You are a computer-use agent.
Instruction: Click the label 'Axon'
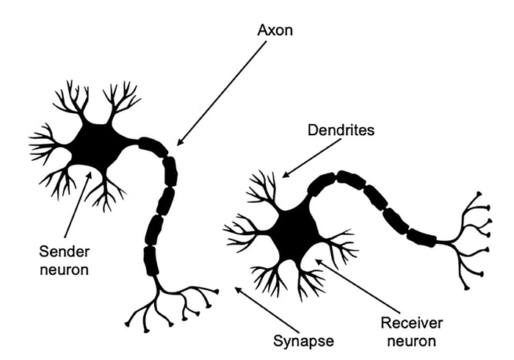click(275, 30)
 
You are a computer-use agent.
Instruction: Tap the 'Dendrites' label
click(341, 130)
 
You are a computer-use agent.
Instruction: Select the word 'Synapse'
click(303, 342)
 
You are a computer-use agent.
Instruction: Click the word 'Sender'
click(65, 252)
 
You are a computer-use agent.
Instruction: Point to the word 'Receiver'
click(411, 323)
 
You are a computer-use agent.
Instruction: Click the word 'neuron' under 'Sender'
click(65, 270)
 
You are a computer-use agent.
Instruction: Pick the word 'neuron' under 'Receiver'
click(411, 342)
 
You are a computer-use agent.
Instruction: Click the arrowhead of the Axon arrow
click(179, 143)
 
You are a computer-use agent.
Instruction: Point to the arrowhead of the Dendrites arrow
click(285, 176)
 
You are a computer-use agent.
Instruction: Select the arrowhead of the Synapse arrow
click(238, 289)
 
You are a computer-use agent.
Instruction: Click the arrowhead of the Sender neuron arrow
click(90, 175)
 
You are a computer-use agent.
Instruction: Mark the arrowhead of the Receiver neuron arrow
click(318, 262)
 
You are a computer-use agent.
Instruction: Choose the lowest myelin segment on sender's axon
click(151, 262)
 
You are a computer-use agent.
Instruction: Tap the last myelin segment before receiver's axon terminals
click(422, 237)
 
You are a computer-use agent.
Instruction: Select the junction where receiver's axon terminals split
click(453, 243)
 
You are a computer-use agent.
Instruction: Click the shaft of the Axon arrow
click(222, 93)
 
